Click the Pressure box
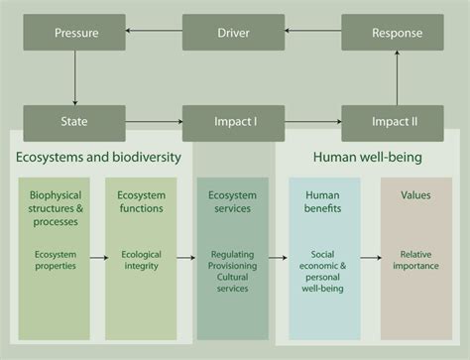pyautogui.click(x=75, y=33)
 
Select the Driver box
pyautogui.click(x=233, y=33)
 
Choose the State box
pyautogui.click(x=75, y=123)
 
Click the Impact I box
pyautogui.click(x=235, y=123)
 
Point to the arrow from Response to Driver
pyautogui.click(x=312, y=33)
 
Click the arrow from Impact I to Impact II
pyautogui.click(x=313, y=123)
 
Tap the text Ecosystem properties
pyautogui.click(x=55, y=260)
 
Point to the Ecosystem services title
pyautogui.click(x=233, y=202)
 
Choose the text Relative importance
pyautogui.click(x=415, y=260)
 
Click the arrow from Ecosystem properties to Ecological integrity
pyautogui.click(x=99, y=260)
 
